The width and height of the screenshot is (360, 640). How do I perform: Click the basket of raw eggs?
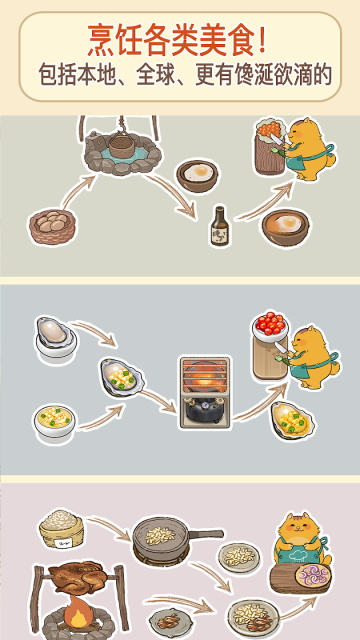(52, 226)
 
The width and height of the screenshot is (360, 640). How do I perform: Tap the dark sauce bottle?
(220, 226)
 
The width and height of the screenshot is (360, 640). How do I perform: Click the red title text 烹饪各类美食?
(178, 41)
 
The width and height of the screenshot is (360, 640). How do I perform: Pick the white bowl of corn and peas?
(55, 423)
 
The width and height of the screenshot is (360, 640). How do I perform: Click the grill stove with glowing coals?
(205, 392)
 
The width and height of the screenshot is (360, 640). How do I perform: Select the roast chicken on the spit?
(77, 580)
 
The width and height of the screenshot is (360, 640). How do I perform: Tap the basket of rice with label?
(62, 529)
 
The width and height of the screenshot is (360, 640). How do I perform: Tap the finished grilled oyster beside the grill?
(293, 421)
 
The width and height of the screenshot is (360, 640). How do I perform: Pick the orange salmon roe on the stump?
(269, 129)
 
